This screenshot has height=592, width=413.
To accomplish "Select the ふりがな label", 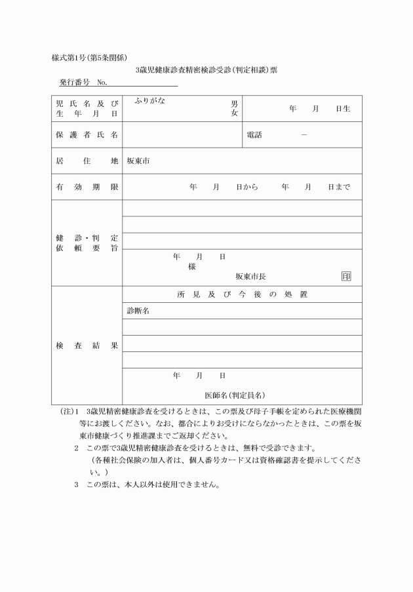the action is tap(149, 101).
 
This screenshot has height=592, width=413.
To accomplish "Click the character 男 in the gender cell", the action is tap(234, 104).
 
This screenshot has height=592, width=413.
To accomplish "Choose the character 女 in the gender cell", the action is tap(234, 113).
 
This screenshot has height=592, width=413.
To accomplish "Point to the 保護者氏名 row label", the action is tap(87, 135).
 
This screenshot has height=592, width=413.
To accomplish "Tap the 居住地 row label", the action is tap(87, 161).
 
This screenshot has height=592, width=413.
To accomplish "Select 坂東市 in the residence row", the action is tap(138, 161).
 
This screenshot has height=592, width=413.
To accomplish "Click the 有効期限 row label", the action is tap(87, 187).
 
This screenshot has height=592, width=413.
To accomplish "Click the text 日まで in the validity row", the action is tap(339, 187).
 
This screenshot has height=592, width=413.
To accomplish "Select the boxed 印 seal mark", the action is tap(345, 277).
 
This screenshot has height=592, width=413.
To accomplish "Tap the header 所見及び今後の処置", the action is tap(242, 294).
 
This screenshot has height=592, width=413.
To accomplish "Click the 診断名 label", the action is tap(138, 311).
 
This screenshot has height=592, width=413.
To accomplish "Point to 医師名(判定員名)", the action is tap(235, 395).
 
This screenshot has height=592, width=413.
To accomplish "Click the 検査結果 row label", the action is tap(87, 345).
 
